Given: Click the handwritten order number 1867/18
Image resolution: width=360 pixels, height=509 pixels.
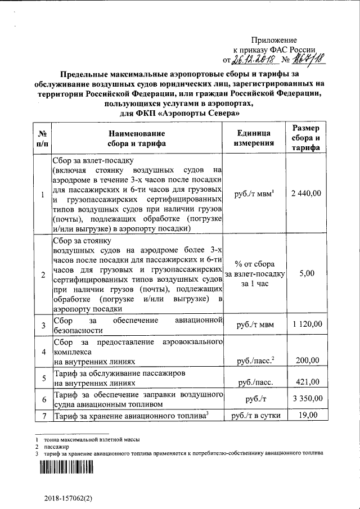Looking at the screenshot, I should [308, 58].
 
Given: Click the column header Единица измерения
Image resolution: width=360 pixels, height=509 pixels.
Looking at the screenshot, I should [254, 138].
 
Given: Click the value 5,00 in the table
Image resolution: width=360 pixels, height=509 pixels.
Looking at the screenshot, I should [307, 273].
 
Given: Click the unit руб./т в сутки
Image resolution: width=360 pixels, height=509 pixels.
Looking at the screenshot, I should [254, 416].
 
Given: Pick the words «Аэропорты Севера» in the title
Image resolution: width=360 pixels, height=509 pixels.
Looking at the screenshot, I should [197, 113].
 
